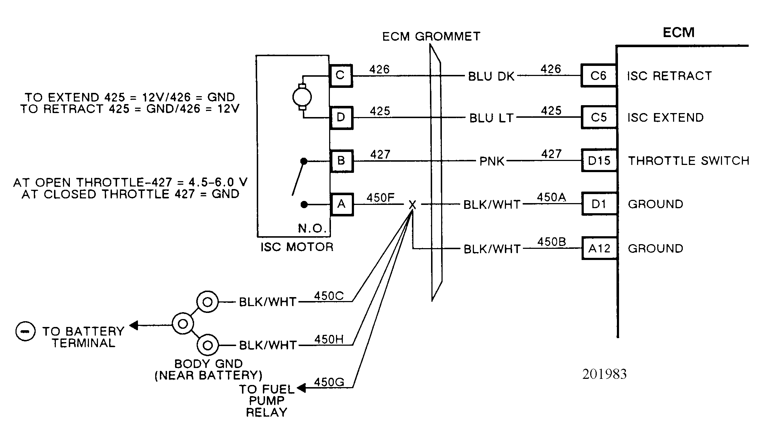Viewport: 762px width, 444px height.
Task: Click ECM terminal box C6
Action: click(x=599, y=76)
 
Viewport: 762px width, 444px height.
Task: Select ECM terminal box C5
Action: click(x=599, y=117)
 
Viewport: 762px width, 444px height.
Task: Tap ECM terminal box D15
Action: click(x=599, y=161)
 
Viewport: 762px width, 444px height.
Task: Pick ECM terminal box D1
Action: click(x=599, y=204)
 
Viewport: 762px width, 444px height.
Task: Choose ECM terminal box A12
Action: click(x=599, y=248)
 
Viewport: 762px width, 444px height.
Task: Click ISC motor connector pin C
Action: click(x=341, y=76)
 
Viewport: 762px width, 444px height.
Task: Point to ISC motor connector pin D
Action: click(x=341, y=117)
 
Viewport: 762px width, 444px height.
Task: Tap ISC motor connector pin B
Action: click(x=341, y=161)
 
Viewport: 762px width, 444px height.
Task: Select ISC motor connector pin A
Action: click(x=342, y=204)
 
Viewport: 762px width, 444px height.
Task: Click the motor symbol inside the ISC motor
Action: click(x=302, y=97)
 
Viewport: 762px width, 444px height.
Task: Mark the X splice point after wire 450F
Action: click(x=412, y=205)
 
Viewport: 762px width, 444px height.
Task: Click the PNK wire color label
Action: click(x=492, y=161)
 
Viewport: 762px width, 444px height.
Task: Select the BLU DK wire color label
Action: click(x=491, y=76)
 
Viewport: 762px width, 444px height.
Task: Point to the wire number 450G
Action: click(x=329, y=382)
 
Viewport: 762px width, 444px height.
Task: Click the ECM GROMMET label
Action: click(x=431, y=37)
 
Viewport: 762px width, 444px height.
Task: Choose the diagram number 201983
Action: click(x=604, y=374)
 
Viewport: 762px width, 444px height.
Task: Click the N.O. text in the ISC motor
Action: click(x=312, y=228)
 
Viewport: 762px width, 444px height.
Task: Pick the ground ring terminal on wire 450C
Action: click(x=207, y=302)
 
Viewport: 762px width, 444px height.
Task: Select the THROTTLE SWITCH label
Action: click(x=689, y=161)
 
